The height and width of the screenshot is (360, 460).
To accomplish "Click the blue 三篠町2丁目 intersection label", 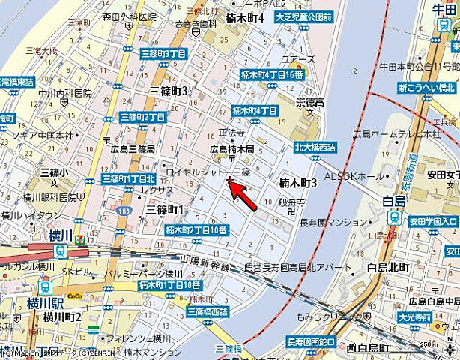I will click(x=142, y=117).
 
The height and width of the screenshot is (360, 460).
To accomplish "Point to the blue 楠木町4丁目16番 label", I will click(x=272, y=75).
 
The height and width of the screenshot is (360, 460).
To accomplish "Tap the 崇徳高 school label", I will click(x=309, y=102).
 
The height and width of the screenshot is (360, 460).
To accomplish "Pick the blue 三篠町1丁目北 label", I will click(x=129, y=179).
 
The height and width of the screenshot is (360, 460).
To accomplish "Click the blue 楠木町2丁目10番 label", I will click(x=196, y=229).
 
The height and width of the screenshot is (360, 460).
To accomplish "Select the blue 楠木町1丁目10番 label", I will click(x=170, y=285).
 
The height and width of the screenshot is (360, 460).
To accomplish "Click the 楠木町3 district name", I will click(x=298, y=183).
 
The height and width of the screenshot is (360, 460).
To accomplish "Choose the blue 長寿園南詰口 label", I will click(x=311, y=341).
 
